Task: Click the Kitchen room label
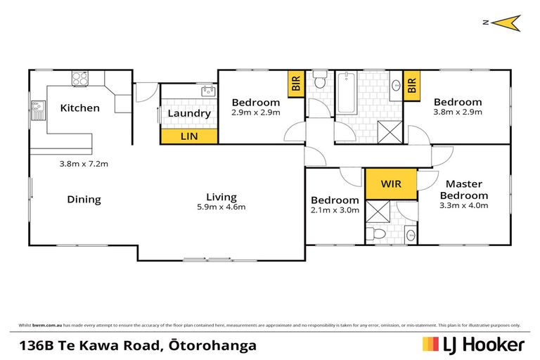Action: coord(79,108)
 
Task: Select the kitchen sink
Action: coord(35,109)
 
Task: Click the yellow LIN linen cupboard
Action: coord(188,136)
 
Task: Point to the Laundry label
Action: coord(188,113)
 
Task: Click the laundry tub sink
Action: coord(207,91)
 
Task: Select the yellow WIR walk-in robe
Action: coord(391,184)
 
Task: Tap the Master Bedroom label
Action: coord(464,190)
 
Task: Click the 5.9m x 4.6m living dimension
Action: coord(221,207)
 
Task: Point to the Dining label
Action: coord(84,200)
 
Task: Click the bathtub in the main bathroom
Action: coord(345,94)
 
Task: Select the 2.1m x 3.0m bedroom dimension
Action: coord(335,210)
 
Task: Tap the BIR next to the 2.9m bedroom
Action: coord(295,85)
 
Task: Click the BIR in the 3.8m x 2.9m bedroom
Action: coord(412,85)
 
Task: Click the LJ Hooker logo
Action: coord(472,345)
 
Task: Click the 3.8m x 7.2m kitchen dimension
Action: coord(83,164)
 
